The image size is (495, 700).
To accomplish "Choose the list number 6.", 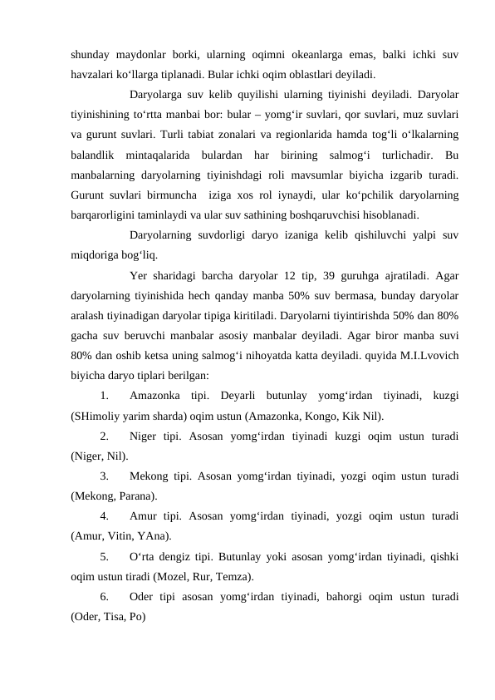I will click(104, 596).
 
